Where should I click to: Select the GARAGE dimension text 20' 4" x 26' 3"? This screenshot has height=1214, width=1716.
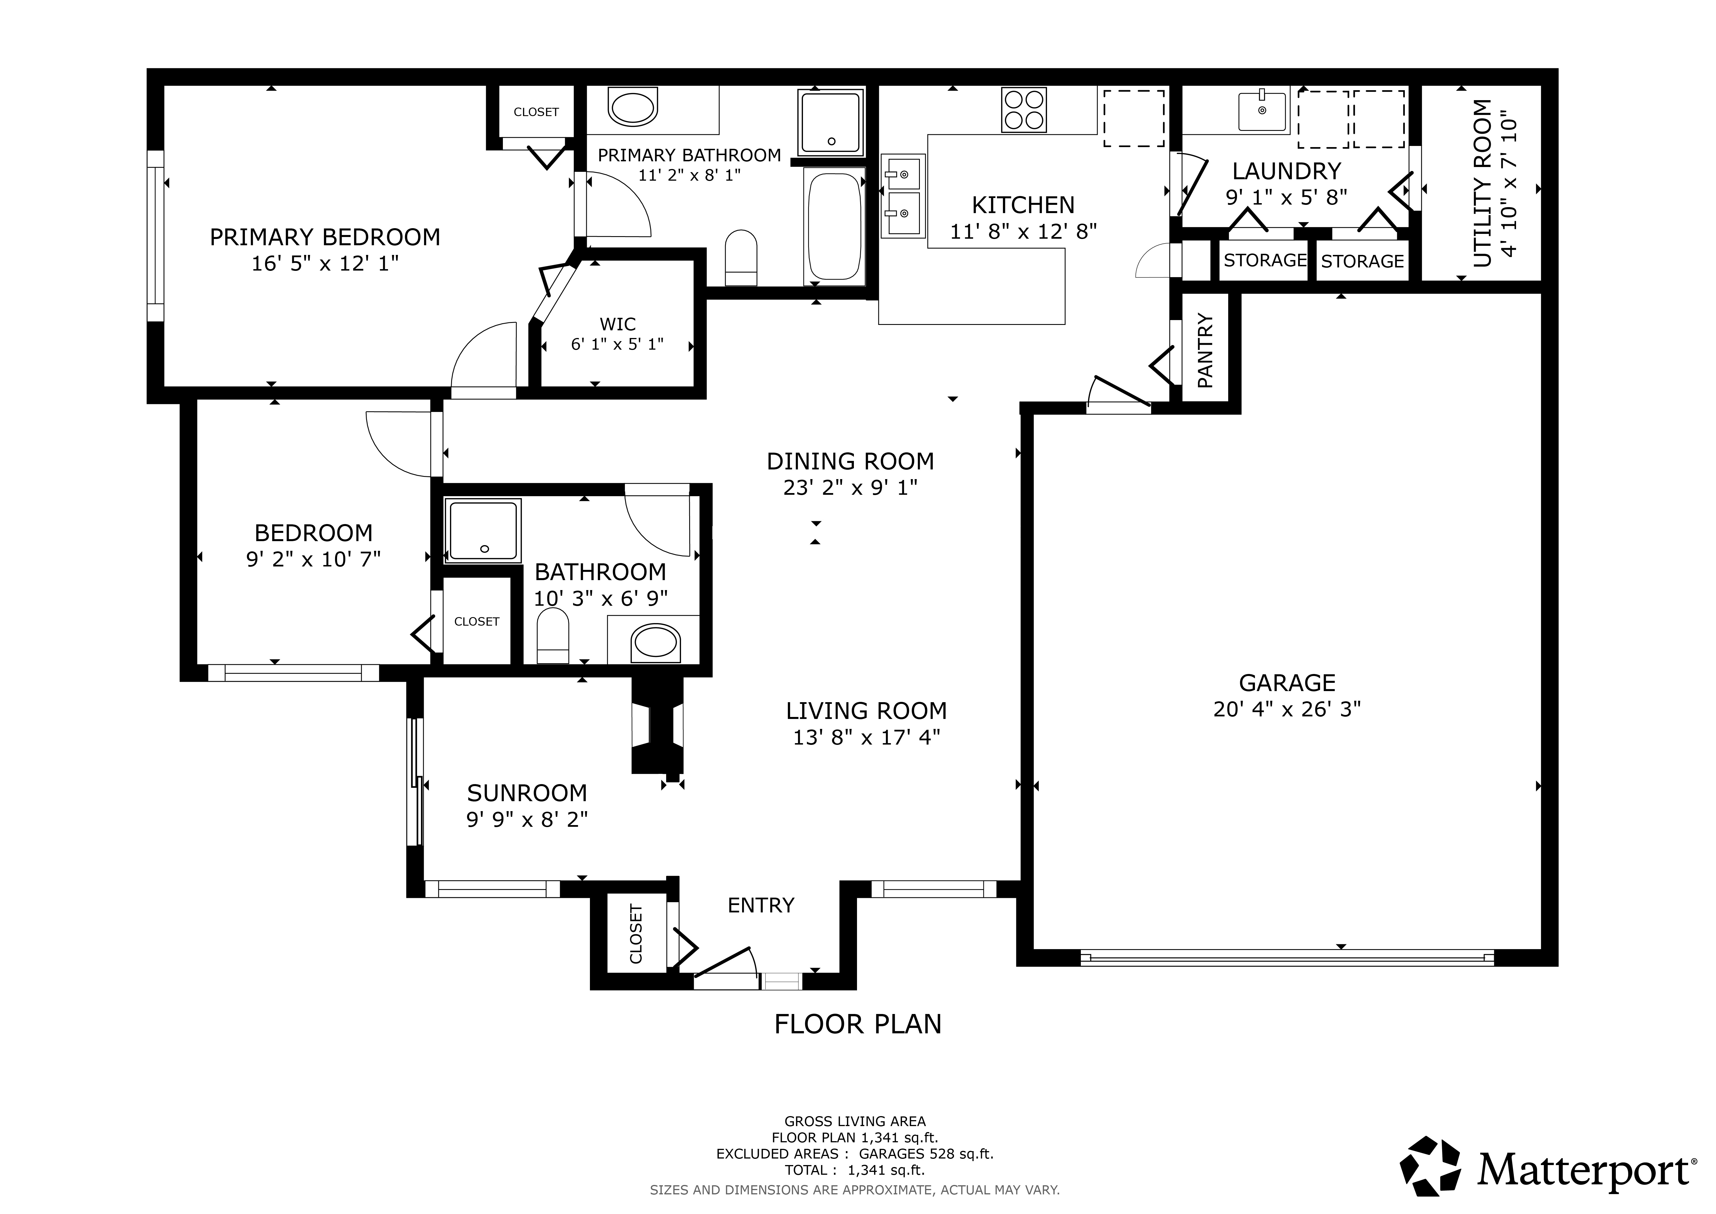point(1287,709)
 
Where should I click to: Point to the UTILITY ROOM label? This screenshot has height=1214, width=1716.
point(1482,183)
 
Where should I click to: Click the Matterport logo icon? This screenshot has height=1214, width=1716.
point(1430,1166)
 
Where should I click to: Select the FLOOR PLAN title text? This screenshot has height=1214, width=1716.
point(858,1024)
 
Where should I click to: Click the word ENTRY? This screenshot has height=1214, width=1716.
point(761,905)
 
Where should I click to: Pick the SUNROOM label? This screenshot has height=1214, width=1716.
point(527,792)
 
